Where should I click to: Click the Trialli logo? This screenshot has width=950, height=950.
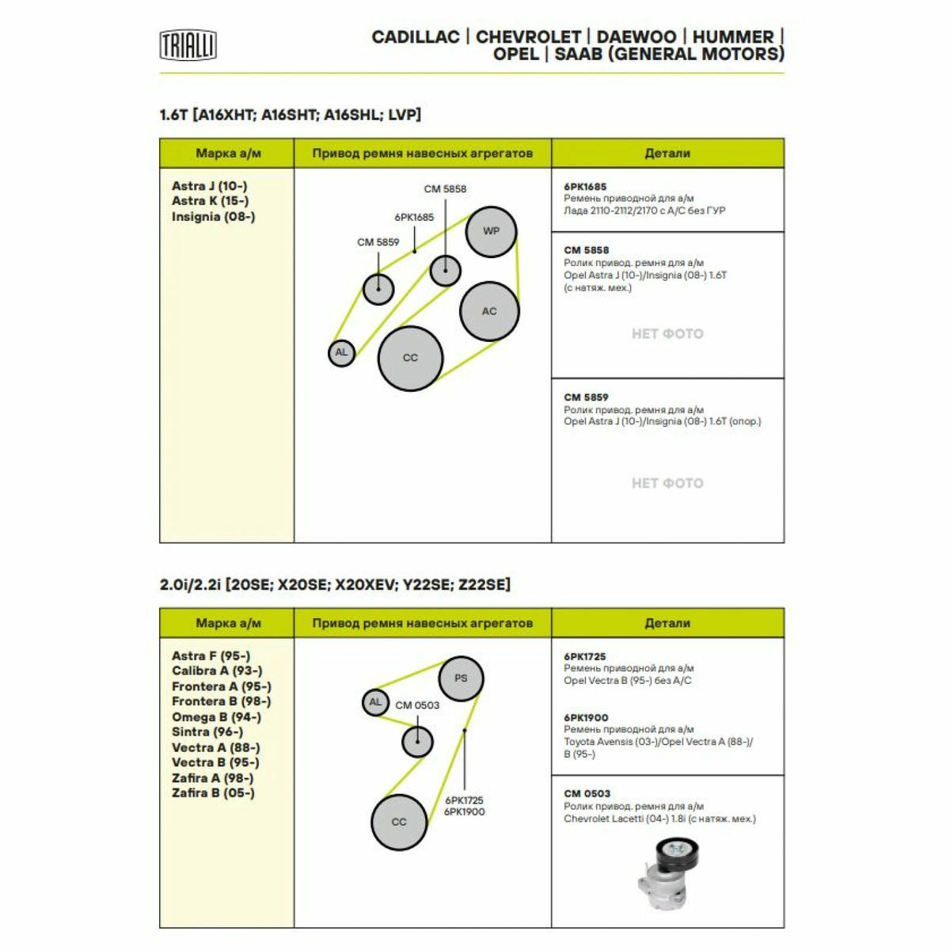click(188, 45)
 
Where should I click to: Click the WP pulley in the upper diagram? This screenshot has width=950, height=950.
click(491, 231)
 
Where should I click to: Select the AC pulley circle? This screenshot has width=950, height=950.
click(489, 311)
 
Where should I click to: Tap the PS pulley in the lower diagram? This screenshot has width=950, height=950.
click(461, 678)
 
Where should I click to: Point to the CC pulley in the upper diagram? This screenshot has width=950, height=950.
click(410, 359)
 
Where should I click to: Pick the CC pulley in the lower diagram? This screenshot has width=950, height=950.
click(399, 822)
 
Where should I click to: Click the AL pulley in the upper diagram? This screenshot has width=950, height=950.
click(341, 353)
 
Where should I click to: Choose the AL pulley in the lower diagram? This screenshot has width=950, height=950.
click(375, 702)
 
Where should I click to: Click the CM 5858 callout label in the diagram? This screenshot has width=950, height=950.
click(445, 189)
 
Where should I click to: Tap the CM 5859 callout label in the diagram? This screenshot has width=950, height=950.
click(378, 242)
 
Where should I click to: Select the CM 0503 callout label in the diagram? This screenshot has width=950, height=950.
click(417, 705)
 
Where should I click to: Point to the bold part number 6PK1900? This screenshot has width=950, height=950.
click(586, 717)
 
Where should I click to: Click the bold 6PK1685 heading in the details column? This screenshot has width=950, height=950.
click(585, 186)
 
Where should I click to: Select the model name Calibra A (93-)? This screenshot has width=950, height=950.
click(217, 671)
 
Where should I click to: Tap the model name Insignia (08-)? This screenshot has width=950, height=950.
click(214, 216)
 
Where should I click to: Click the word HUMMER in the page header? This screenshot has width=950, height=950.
click(733, 37)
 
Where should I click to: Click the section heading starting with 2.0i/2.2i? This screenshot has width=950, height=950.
click(335, 585)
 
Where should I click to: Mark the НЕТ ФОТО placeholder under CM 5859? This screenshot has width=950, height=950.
click(667, 483)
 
